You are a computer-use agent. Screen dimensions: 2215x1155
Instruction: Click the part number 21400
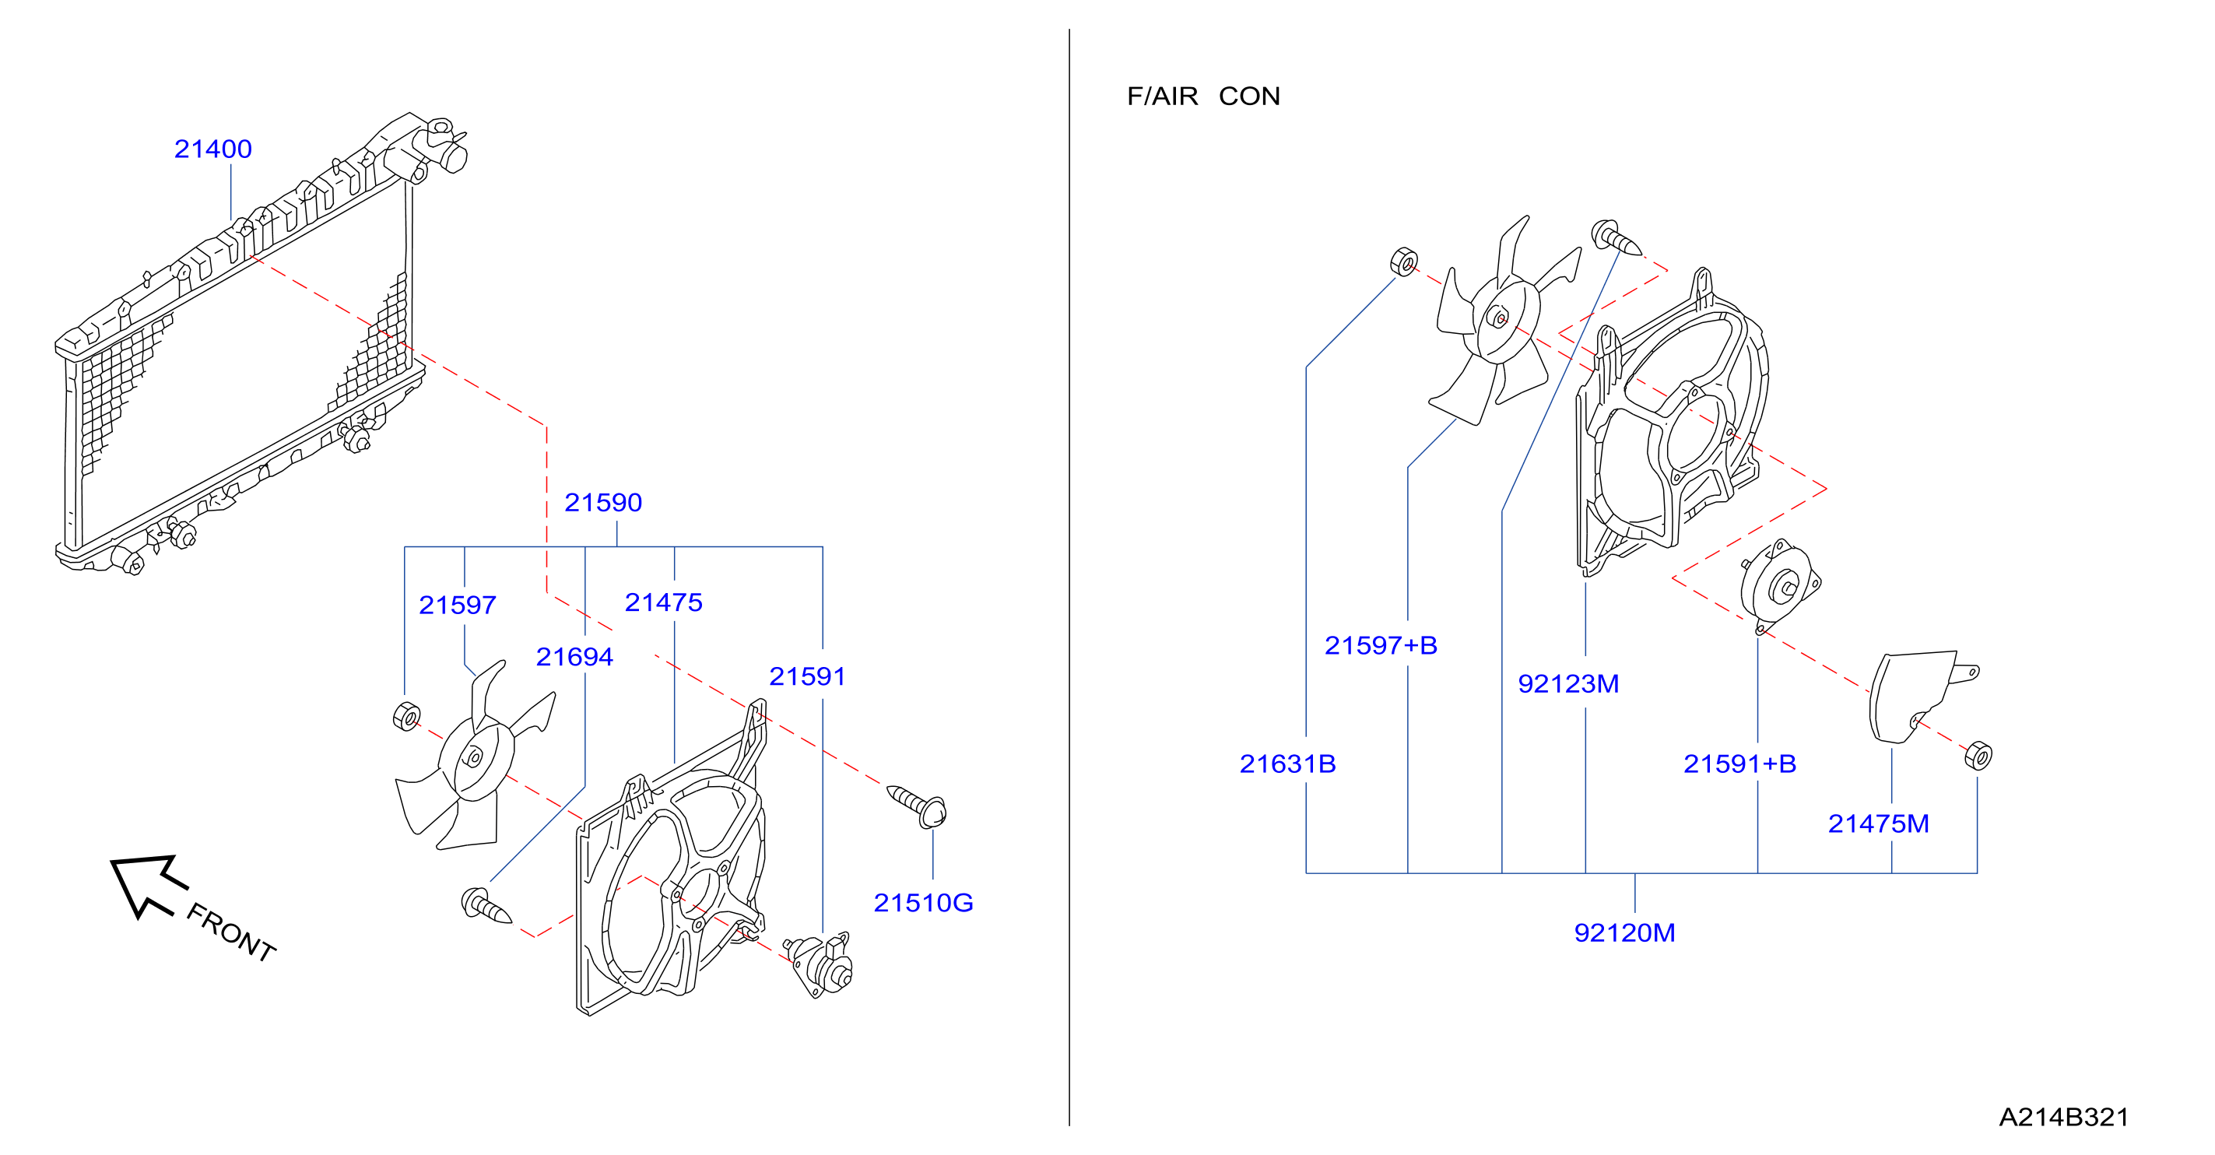(x=212, y=149)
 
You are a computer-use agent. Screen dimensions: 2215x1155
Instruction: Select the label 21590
(x=602, y=502)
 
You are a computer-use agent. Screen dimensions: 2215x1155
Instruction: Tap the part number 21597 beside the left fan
(x=458, y=605)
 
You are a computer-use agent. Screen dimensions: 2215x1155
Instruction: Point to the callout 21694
(x=574, y=656)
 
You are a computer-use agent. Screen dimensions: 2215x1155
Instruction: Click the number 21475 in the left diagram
(x=664, y=602)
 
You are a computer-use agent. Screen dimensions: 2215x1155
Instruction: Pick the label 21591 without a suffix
(x=807, y=676)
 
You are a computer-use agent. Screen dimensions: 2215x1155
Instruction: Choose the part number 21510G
(x=924, y=902)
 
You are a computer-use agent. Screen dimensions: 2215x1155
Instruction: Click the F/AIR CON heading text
(x=1204, y=96)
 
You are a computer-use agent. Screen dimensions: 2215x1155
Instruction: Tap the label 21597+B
(x=1381, y=645)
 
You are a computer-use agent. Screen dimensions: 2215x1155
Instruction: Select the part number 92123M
(x=1568, y=683)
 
